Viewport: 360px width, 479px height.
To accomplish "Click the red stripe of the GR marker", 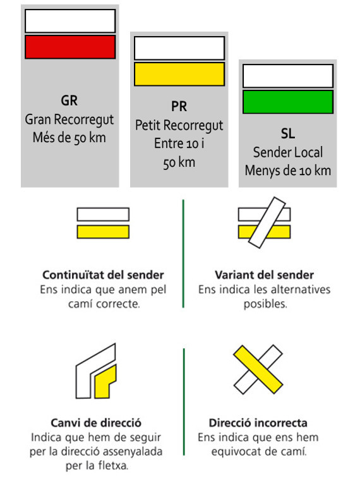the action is [x=70, y=47].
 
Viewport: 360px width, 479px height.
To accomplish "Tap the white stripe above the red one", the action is [x=70, y=21].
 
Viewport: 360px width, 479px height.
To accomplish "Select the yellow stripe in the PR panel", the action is [x=179, y=74].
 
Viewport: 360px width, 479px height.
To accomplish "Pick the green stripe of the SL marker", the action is [x=288, y=102].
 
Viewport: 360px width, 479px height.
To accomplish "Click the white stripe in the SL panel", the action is [x=288, y=76].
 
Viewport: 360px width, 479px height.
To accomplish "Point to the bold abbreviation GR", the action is [x=69, y=100].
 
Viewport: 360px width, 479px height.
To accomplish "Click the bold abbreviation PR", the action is [x=179, y=106].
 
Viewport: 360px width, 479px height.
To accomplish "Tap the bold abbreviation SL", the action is [x=287, y=133].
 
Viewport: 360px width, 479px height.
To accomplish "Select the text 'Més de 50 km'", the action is [x=69, y=138].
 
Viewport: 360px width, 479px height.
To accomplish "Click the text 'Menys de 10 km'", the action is [x=288, y=171].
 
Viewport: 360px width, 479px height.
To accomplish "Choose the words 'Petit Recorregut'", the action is [x=179, y=126].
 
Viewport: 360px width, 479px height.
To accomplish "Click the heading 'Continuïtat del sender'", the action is [x=103, y=275].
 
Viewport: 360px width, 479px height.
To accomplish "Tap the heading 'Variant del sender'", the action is [x=265, y=275].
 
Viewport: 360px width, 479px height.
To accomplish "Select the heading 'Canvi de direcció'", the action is [x=96, y=423].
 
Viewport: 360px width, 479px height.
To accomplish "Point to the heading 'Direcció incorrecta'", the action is [x=258, y=423].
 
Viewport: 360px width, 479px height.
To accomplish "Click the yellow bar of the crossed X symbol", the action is [x=258, y=370].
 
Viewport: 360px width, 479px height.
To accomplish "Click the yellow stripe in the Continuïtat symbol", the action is [x=103, y=232].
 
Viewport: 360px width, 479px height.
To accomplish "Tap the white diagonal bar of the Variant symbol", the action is [x=267, y=222].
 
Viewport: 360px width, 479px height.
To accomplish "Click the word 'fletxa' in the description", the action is [x=112, y=466].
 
